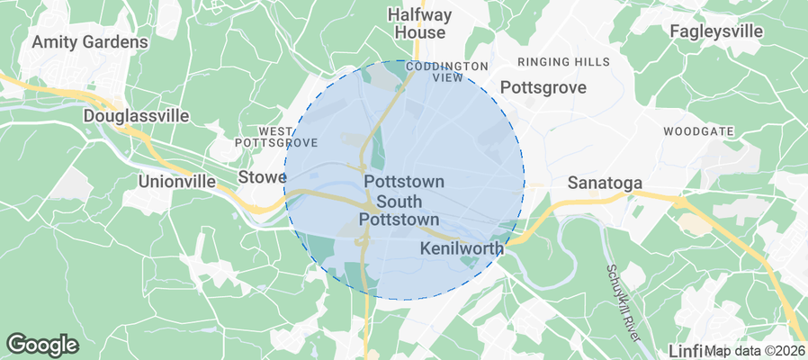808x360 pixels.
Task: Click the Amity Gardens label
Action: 89,42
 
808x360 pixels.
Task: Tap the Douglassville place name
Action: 135,116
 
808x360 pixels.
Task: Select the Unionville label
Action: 177,181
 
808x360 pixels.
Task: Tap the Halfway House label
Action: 417,23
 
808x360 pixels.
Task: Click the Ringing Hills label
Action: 564,62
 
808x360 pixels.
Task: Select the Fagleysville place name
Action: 716,31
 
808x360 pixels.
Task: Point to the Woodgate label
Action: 698,131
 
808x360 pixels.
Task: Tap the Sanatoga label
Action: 605,183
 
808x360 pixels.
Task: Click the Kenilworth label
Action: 460,246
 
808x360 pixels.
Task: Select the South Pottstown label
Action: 399,210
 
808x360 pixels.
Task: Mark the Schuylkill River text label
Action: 622,302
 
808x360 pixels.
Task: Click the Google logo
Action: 42,344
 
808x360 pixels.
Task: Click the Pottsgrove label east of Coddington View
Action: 543,88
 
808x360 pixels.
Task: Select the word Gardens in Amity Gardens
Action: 116,42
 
